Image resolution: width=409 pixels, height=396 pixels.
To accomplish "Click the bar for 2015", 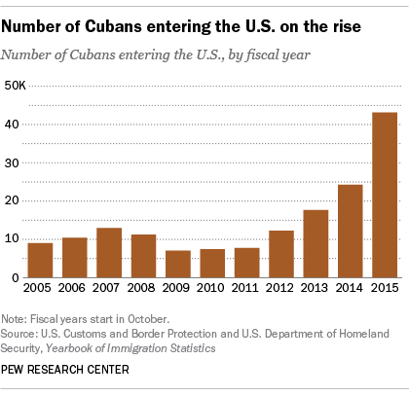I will tap(385, 196).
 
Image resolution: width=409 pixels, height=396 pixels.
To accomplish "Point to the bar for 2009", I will tap(178, 264).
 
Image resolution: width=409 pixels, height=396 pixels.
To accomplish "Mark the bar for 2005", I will tap(40, 260).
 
